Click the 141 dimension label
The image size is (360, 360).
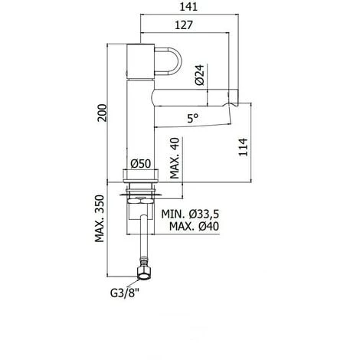[x=188, y=7]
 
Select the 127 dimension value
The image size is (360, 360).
[x=184, y=25]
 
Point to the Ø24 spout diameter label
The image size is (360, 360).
[x=200, y=74]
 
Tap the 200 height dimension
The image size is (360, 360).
[x=102, y=113]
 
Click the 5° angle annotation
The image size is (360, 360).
[x=193, y=118]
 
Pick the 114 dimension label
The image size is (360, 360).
[x=243, y=147]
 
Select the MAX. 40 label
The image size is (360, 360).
[x=175, y=158]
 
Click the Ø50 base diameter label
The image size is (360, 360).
[x=141, y=163]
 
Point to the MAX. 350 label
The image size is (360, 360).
[x=100, y=218]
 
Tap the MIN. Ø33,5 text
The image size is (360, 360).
[x=190, y=214]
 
